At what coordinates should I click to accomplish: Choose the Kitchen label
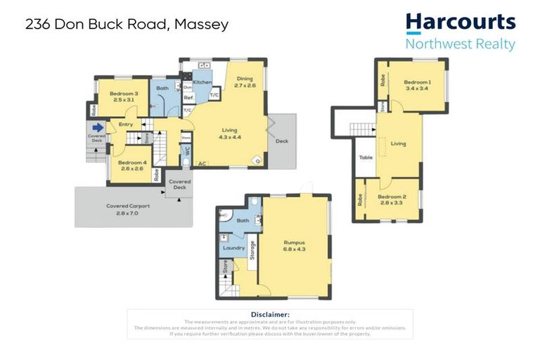pyautogui.click(x=202, y=82)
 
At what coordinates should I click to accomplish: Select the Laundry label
pyautogui.click(x=233, y=247)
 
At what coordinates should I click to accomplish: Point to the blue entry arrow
pyautogui.click(x=99, y=127)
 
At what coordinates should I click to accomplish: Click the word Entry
pyautogui.click(x=126, y=124)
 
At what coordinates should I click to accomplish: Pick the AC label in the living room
pyautogui.click(x=202, y=164)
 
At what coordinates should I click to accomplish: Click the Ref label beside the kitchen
pyautogui.click(x=188, y=98)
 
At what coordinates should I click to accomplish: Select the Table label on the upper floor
pyautogui.click(x=365, y=157)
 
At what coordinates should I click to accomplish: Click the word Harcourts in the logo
pyautogui.click(x=460, y=23)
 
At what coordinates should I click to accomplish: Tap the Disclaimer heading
pyautogui.click(x=270, y=315)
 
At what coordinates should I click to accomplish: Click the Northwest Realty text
pyautogui.click(x=460, y=44)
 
